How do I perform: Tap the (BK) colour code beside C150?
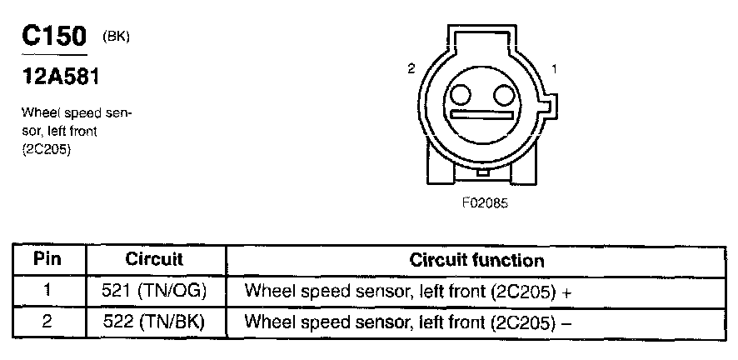point(116,37)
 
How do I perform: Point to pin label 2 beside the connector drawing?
point(411,69)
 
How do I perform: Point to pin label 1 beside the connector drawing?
point(555,67)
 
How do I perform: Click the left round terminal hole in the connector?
point(462,92)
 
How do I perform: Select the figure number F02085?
point(485,202)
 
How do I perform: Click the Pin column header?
point(47,259)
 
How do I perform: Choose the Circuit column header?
point(154,259)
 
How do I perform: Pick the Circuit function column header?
point(476,260)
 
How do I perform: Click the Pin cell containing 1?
point(47,292)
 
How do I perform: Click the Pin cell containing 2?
point(47,321)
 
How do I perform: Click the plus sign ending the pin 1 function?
point(566,293)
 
